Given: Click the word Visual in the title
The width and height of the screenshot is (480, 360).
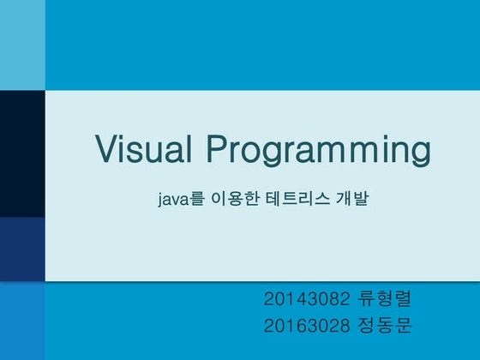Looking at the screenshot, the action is point(143,148).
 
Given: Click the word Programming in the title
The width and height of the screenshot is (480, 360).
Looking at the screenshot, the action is point(319,151).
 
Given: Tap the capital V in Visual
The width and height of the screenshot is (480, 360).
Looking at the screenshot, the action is point(106,148).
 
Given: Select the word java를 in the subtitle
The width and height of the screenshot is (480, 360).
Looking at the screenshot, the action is point(181,199).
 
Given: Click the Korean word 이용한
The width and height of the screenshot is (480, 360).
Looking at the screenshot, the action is point(236,199).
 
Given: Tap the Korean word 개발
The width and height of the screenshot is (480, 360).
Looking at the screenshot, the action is point(352,199).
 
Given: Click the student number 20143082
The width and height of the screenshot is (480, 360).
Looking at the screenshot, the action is point(306,299).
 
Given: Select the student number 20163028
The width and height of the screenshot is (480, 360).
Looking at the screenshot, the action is point(306,326).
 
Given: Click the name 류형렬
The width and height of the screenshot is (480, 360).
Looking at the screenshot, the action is point(384,299).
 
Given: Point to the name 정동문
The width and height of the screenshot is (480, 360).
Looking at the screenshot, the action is point(384,326).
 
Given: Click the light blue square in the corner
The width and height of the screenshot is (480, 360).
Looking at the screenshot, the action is point(22,45).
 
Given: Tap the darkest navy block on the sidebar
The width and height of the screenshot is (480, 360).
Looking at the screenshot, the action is point(22,153).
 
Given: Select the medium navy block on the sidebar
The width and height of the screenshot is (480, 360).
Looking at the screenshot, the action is point(22,249).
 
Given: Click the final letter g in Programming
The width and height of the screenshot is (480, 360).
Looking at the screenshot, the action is point(421,154).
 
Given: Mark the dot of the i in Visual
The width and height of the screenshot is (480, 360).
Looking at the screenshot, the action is point(125,137).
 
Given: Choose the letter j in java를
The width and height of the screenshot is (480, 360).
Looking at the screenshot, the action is point(159,201).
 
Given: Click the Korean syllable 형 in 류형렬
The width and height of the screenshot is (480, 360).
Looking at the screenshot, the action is point(385,299).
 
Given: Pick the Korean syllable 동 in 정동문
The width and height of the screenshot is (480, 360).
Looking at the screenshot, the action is point(385,326).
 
